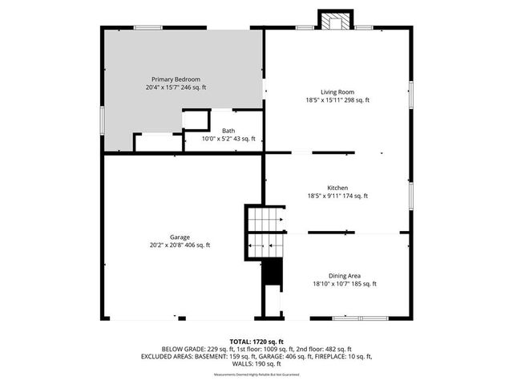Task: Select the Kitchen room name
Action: tap(337, 188)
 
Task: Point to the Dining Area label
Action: tap(344, 275)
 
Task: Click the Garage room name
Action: tap(179, 237)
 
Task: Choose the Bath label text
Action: tap(228, 130)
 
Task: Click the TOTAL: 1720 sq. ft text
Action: tap(256, 342)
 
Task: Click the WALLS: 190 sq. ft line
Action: tap(256, 363)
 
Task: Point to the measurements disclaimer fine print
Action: tap(256, 375)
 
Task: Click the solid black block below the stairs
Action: tap(273, 273)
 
